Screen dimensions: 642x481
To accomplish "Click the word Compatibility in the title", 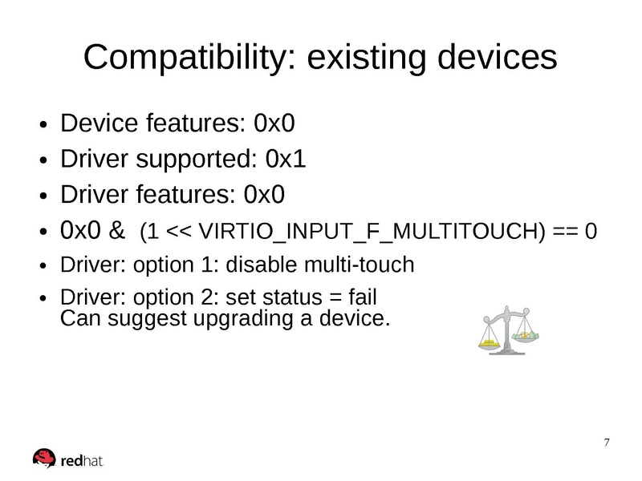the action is point(189,58).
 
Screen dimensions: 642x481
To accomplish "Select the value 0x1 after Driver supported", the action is point(286,159).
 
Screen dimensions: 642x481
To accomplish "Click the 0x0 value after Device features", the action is point(274,123).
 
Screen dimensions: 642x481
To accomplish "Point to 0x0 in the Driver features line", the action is point(264,194).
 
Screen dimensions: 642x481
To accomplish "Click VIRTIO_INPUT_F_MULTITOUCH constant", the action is point(372,232).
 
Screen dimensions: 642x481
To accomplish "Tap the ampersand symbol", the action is point(116,230).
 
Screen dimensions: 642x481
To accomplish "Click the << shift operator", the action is point(178,232).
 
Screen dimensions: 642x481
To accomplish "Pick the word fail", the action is point(363,297).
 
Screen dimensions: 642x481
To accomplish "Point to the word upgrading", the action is point(243,319).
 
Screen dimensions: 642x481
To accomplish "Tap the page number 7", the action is point(607,443).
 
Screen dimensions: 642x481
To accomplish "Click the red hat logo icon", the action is point(44,458).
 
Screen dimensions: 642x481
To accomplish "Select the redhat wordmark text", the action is point(82,461).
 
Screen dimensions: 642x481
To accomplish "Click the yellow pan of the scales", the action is point(490,343).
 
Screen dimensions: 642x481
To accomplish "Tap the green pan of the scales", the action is point(526,335).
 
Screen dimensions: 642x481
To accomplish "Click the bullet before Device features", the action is point(44,124).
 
